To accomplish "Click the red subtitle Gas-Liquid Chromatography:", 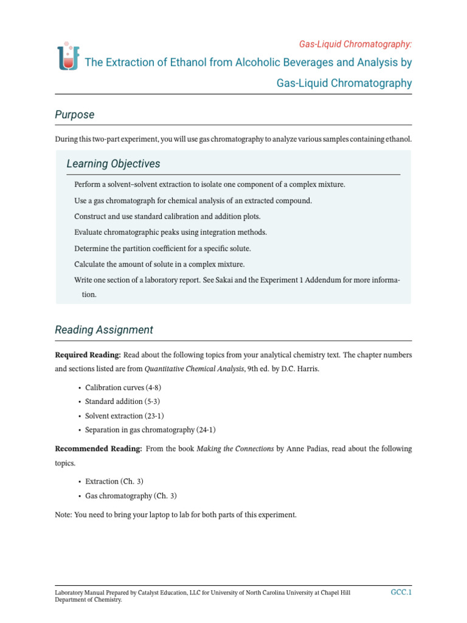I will pos(355,44).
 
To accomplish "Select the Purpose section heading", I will pos(75,114).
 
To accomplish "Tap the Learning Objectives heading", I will pos(113,164).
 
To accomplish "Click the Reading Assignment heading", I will pos(104,330).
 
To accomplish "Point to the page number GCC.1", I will pos(401,592).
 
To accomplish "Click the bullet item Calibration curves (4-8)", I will pos(123,388).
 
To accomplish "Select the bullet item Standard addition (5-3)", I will pos(123,402).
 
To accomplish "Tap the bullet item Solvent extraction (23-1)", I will pos(125,416).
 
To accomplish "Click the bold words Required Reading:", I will pos(88,355).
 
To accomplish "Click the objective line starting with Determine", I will pos(162,248).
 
